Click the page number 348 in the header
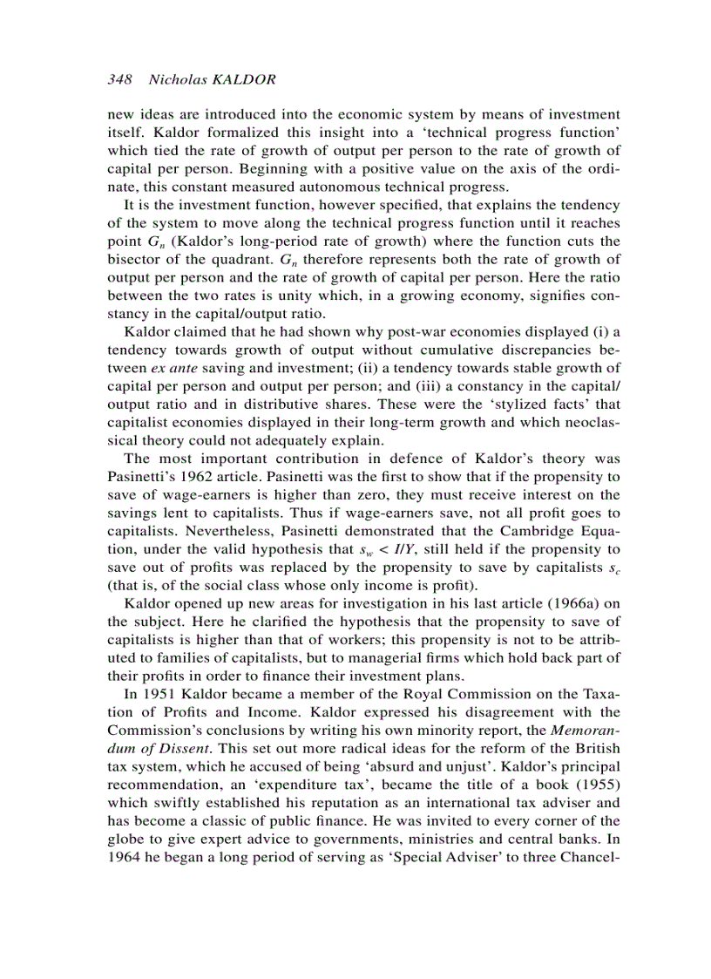(118, 79)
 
